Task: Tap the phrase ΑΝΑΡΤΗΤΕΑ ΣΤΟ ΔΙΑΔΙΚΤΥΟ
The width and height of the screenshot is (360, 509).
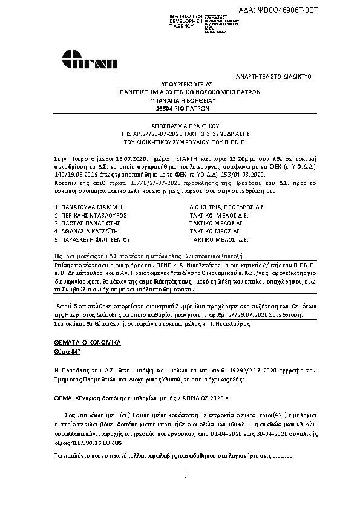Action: [x=273, y=77]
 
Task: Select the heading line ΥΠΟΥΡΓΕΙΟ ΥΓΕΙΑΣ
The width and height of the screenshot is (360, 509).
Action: [x=180, y=85]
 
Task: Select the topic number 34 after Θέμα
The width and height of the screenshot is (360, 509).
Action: [x=75, y=351]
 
